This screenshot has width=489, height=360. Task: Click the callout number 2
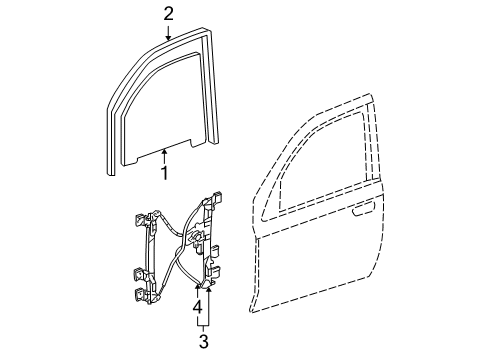pyautogui.click(x=169, y=13)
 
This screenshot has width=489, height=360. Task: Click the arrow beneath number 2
pyautogui.click(x=169, y=31)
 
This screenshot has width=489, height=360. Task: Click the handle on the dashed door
pyautogui.click(x=365, y=212)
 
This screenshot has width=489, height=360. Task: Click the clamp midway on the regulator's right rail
pyautogui.click(x=211, y=244)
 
